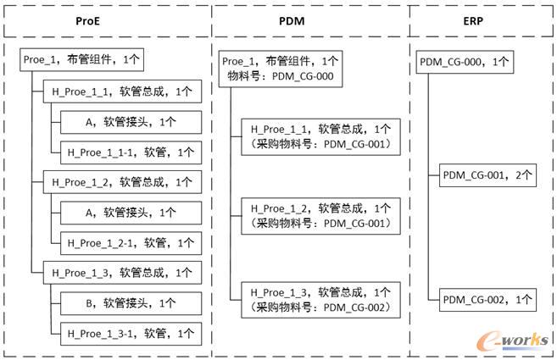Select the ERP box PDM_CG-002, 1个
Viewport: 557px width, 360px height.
(487, 298)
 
